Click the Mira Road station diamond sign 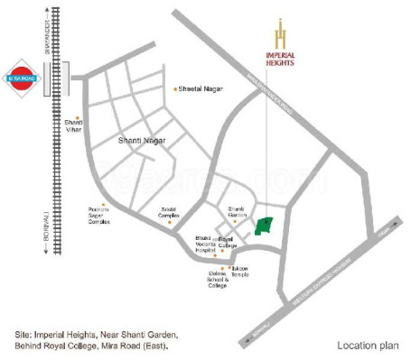tap(21, 78)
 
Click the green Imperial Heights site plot tap(263, 226)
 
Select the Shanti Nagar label tap(143, 142)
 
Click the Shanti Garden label tap(236, 211)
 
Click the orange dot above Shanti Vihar tap(79, 117)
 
